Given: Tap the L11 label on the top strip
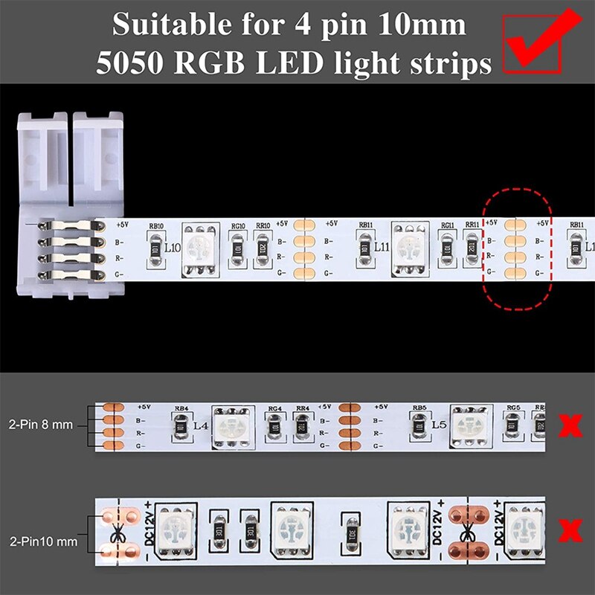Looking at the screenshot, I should pos(382,246).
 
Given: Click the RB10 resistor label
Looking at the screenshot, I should pos(156,226).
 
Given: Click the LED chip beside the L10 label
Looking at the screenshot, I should pos(200,246).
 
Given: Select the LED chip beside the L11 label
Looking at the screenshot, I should pos(408,246).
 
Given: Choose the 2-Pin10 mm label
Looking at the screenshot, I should pos(42,542).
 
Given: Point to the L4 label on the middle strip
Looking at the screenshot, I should pos(199,427).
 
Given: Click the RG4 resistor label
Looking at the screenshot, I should pos(274,408).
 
